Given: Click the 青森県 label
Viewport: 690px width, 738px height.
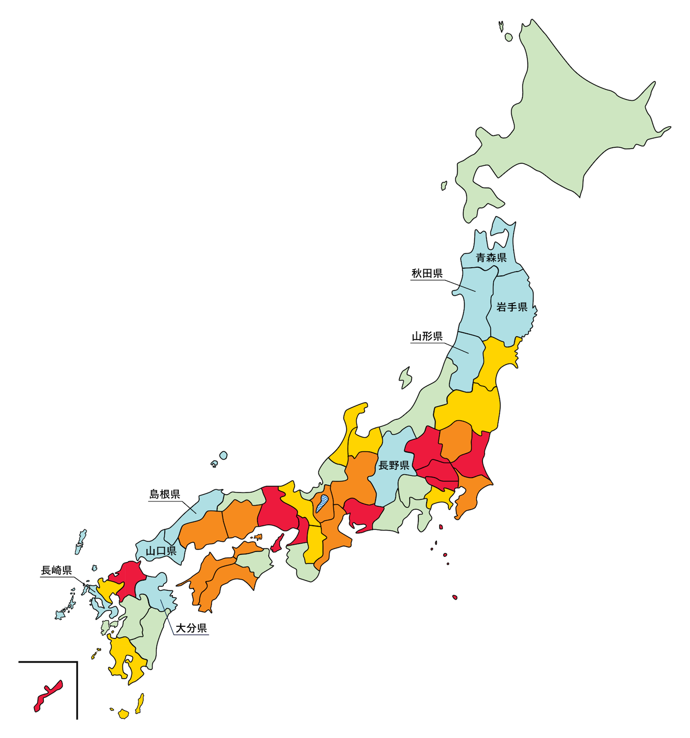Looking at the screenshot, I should click(x=491, y=257).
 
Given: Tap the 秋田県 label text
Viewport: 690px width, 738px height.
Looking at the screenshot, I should click(x=427, y=274).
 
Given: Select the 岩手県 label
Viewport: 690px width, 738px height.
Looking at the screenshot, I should click(x=512, y=307).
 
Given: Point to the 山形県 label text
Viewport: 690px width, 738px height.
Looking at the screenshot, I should click(x=427, y=336).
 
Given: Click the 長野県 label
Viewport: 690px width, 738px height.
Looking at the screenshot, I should click(x=394, y=465).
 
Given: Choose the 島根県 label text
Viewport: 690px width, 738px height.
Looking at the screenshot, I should click(x=165, y=494).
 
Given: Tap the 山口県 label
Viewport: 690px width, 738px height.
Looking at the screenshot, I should click(x=161, y=551).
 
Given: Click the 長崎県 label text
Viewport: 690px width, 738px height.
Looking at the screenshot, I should click(x=56, y=570).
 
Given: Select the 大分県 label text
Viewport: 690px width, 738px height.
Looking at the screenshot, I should click(x=191, y=628).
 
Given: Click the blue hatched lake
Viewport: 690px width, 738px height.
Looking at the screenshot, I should click(x=322, y=504).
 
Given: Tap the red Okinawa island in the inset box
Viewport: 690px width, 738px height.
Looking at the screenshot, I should click(x=48, y=696).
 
